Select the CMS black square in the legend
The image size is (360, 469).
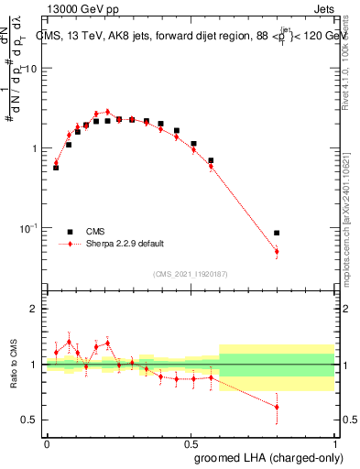pyautogui.click(x=70, y=232)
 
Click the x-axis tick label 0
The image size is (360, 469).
pyautogui.click(x=48, y=443)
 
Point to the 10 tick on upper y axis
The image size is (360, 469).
pyautogui.click(x=30, y=69)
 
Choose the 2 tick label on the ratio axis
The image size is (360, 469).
pyautogui.click(x=34, y=310)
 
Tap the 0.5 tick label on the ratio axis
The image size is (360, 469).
pyautogui.click(x=30, y=420)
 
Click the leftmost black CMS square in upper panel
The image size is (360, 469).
pyautogui.click(x=56, y=168)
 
